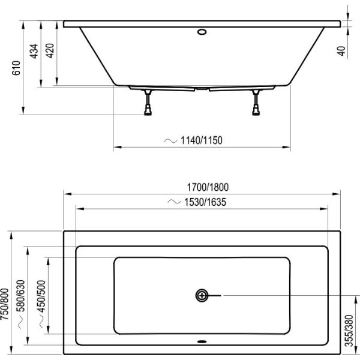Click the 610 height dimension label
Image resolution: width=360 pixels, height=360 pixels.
point(16,68)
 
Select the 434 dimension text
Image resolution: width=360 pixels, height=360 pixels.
point(34,51)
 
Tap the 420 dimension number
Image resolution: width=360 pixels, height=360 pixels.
point(50,50)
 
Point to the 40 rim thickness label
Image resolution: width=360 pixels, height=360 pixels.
point(341,51)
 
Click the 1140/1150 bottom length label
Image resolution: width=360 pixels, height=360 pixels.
point(202,140)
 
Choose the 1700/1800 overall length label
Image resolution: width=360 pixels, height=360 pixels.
point(208,187)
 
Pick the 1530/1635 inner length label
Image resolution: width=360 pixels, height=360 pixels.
point(205,202)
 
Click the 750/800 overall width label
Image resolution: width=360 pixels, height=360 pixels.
point(5,304)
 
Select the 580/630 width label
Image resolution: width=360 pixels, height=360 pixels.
point(20,296)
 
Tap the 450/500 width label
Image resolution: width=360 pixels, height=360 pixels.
point(41,296)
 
